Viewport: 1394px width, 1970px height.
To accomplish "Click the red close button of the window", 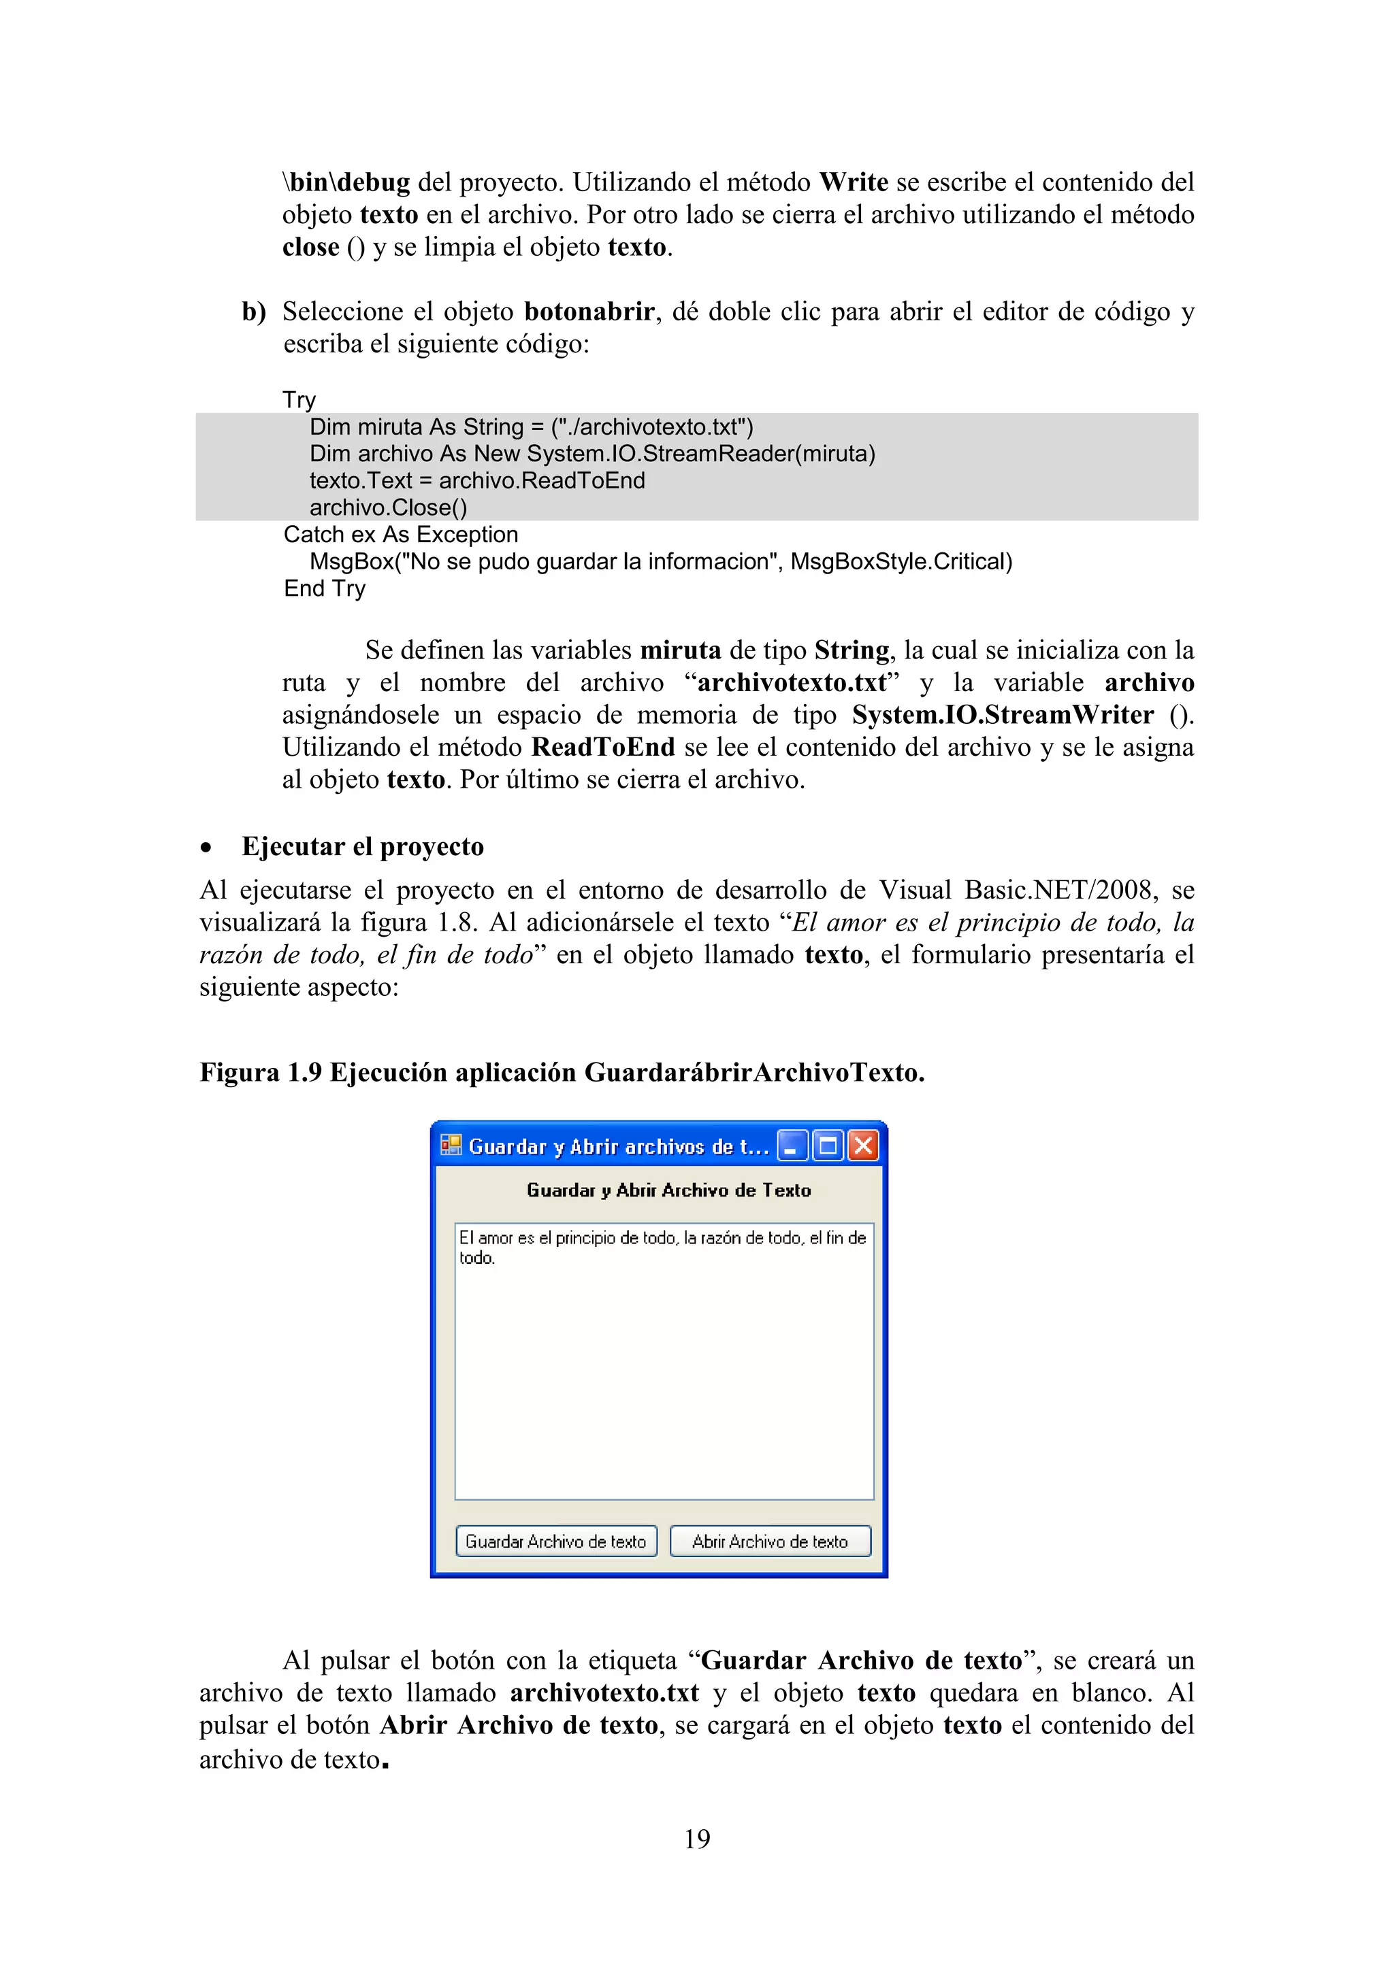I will pos(864,1146).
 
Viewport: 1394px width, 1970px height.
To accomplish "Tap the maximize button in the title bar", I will pos(828,1146).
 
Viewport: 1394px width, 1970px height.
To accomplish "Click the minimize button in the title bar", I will pos(792,1146).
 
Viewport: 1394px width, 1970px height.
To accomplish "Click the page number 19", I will pos(697,1838).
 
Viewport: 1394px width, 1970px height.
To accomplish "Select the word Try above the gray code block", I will pos(299,400).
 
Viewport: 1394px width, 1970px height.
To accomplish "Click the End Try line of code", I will pos(325,588).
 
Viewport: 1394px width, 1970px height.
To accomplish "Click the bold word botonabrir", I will pos(589,311).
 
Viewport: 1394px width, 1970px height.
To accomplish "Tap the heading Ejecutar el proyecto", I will pos(362,846).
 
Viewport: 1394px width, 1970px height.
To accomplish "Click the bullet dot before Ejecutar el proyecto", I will pos(206,848).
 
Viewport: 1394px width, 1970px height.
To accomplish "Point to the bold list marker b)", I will pos(253,311).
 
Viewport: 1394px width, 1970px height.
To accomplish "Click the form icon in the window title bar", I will pos(451,1146).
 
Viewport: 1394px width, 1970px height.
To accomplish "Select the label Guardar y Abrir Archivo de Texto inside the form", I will pos(668,1190).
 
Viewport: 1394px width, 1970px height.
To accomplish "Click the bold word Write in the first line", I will pos(854,182).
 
